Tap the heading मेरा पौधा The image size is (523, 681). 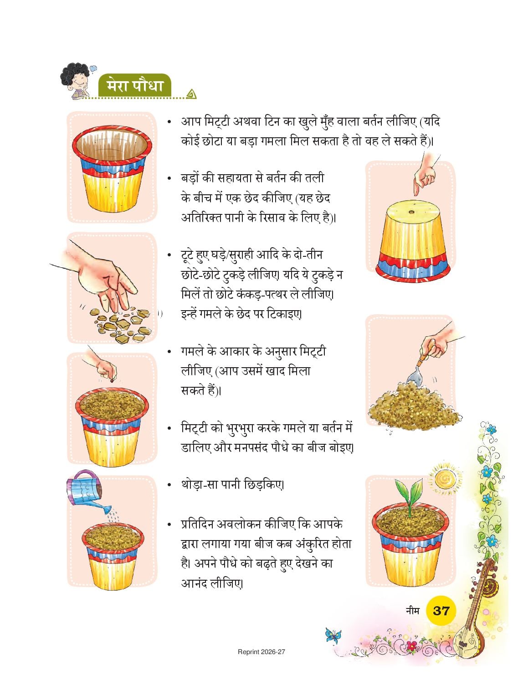click(x=135, y=86)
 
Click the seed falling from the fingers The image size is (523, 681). click(x=112, y=381)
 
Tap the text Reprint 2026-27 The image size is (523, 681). click(x=261, y=652)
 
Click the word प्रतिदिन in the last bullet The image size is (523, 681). click(x=196, y=525)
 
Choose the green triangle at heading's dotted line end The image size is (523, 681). click(x=190, y=94)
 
